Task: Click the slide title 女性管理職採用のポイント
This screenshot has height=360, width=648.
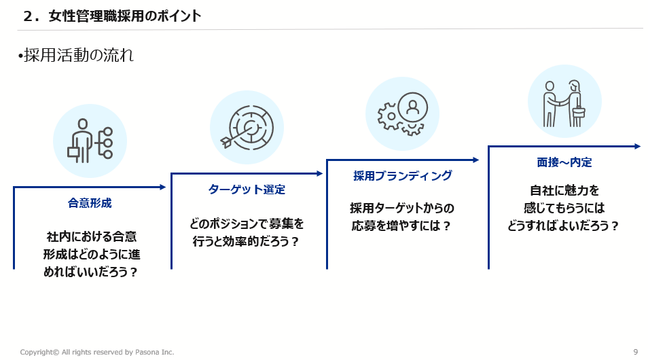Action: (x=125, y=16)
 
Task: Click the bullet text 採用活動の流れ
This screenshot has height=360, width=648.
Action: (x=79, y=55)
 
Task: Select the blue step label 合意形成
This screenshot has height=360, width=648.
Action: (x=90, y=203)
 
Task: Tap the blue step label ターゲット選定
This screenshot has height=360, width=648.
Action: (x=247, y=190)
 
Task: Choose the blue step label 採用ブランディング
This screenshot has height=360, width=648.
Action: (x=403, y=176)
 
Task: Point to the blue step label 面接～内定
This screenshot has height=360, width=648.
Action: (x=564, y=162)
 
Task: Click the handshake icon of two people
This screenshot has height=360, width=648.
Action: (x=564, y=103)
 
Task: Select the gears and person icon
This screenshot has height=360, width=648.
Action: (x=403, y=113)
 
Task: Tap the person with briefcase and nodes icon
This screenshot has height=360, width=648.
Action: (x=90, y=141)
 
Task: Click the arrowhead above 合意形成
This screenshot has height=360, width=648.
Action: (x=163, y=187)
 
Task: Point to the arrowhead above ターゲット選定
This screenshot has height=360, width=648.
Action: (x=319, y=174)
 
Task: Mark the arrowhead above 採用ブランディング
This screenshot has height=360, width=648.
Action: (x=475, y=160)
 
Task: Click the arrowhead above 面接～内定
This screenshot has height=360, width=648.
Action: (x=637, y=146)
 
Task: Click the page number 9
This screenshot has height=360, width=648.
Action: (x=636, y=352)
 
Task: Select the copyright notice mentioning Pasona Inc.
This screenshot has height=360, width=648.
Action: (x=97, y=352)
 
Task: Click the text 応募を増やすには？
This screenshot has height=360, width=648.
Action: (x=401, y=226)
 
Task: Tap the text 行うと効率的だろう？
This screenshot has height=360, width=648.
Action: (x=246, y=241)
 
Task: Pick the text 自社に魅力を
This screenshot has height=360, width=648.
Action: (x=564, y=191)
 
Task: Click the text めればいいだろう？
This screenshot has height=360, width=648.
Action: (x=90, y=272)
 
